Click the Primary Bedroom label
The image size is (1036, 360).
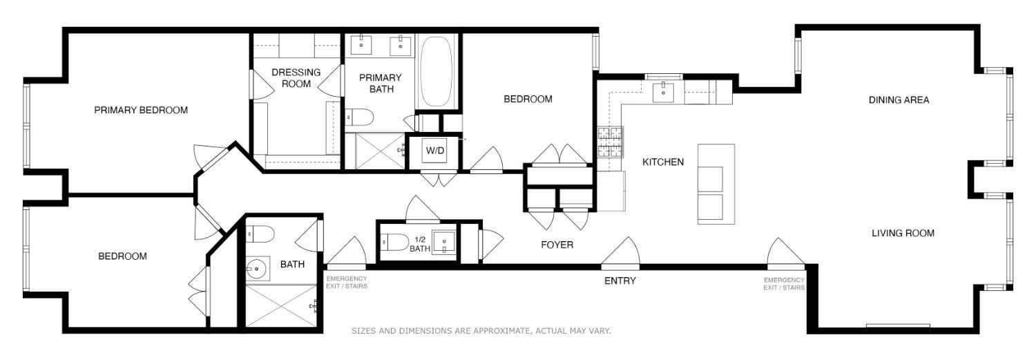pos(141,110)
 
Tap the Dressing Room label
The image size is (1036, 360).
pos(296,77)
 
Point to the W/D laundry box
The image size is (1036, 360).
pos(434,151)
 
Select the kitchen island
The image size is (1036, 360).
pos(715,183)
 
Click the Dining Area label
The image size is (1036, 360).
pos(899,100)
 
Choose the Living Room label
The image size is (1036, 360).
pos(903,233)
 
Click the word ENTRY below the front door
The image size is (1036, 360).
pos(620,281)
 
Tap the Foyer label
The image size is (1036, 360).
pos(557,245)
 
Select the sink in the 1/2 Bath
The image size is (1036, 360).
pos(442,243)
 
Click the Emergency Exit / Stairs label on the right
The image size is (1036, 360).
pos(784,283)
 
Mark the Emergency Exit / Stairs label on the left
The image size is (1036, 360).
pos(346,282)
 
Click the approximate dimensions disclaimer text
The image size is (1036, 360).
pos(481,331)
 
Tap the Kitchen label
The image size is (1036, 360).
pos(663,162)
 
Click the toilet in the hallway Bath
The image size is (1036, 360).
pos(261,234)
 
